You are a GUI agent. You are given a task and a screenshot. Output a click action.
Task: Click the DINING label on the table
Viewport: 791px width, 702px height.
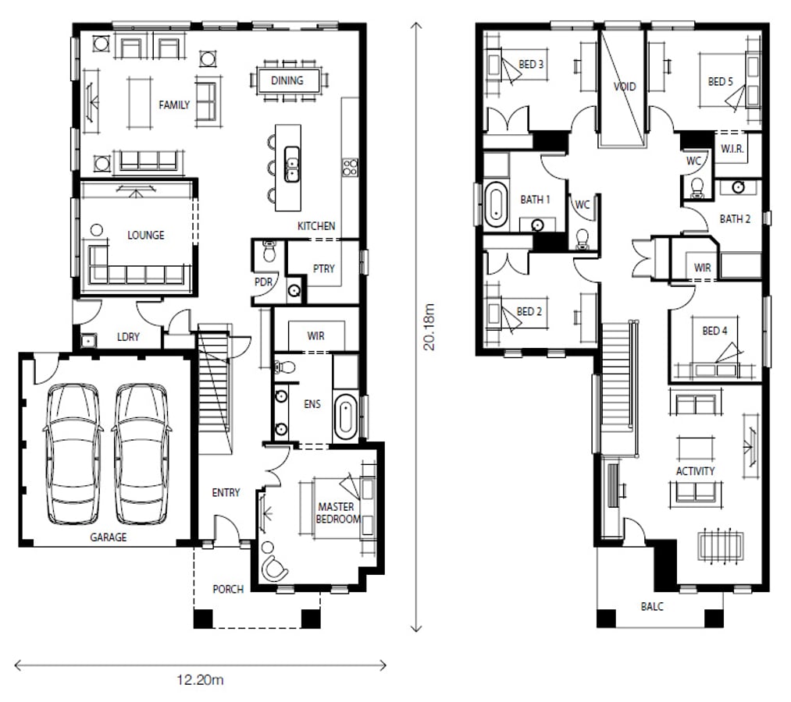point(287,80)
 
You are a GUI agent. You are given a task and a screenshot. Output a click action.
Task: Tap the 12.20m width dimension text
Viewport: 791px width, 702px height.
point(200,680)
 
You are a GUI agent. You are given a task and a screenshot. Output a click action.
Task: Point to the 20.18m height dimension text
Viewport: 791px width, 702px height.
point(429,327)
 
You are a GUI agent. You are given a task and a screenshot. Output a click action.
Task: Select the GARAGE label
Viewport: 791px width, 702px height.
point(109,537)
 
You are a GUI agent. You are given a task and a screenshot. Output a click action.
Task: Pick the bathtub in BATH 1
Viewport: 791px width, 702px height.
point(496,204)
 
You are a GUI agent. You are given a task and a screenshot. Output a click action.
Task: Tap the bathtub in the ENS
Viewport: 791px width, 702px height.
point(346,417)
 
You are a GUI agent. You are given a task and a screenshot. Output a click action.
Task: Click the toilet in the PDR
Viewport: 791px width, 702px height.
point(270,250)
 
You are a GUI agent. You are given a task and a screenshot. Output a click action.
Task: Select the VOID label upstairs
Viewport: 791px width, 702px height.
point(625,87)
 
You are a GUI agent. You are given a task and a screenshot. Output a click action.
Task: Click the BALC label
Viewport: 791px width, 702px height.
point(652,606)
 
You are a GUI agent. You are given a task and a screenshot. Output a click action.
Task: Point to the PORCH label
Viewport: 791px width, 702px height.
point(228,589)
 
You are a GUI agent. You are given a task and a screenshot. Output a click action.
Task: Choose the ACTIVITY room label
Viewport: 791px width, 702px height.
point(695,471)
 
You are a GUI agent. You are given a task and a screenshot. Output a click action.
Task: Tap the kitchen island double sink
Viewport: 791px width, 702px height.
point(291,164)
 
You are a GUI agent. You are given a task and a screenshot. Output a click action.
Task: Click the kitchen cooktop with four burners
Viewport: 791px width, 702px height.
point(350,167)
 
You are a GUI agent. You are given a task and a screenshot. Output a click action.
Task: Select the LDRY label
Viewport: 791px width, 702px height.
point(128,337)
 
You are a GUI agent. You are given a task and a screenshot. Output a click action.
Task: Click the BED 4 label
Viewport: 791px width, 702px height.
point(714,331)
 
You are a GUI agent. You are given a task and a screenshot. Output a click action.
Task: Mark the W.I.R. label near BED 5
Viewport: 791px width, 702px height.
point(732,149)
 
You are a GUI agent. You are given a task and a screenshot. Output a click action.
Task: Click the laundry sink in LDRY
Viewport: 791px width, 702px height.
point(88,341)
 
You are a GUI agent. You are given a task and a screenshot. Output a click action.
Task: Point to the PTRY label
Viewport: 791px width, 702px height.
point(324,268)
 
